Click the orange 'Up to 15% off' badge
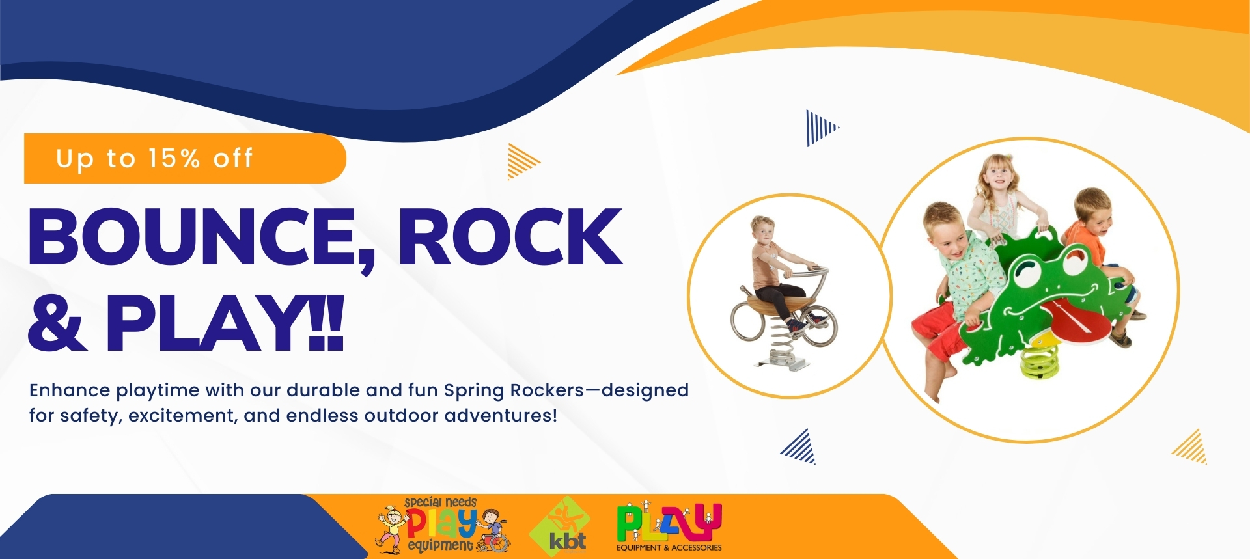[x=185, y=159]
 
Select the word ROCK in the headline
[x=511, y=236]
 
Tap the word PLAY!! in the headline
[x=225, y=322]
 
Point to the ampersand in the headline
[x=57, y=322]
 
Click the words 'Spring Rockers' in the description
[x=514, y=391]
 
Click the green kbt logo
[x=560, y=526]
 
